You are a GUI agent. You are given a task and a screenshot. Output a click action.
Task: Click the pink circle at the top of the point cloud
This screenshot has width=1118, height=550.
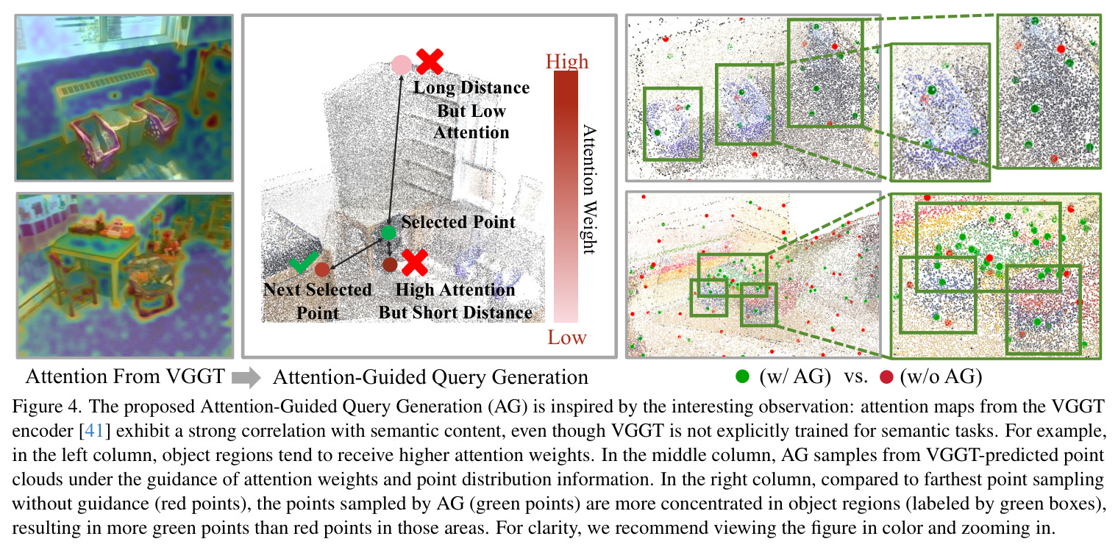[402, 65]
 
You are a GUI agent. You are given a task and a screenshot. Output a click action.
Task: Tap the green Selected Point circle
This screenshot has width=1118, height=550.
[389, 232]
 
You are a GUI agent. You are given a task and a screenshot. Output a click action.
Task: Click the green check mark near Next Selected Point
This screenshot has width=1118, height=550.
[304, 262]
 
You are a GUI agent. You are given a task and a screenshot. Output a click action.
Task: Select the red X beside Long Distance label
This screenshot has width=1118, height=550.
[430, 61]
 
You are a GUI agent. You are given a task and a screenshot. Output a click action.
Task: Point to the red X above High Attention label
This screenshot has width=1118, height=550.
[414, 262]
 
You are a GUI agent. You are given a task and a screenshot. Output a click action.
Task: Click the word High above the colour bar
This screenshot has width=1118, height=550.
[567, 61]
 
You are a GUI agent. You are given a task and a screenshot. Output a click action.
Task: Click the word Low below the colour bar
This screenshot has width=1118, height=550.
[567, 337]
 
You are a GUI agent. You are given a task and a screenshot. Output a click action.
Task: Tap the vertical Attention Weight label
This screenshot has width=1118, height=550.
[589, 190]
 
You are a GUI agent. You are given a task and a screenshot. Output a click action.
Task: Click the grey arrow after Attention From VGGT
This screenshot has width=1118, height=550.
[246, 377]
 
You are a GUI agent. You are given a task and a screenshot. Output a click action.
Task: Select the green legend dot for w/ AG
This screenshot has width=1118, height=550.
[743, 376]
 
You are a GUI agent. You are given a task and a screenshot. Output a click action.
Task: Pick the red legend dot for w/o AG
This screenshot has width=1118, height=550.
[886, 376]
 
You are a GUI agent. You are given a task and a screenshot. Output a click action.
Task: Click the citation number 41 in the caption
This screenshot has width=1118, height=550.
[94, 430]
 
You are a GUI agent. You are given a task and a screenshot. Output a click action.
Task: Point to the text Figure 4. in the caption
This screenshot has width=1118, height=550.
[46, 407]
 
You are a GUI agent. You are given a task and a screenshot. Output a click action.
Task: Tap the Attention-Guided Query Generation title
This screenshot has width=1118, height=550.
[430, 377]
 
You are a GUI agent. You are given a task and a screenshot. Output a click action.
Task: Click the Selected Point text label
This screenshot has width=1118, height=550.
[458, 221]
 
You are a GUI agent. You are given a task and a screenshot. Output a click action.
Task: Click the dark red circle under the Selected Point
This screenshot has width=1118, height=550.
[390, 265]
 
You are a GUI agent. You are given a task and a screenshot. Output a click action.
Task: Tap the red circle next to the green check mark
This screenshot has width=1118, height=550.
[322, 270]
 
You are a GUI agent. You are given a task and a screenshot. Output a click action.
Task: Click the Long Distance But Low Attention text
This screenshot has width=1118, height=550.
[471, 110]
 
